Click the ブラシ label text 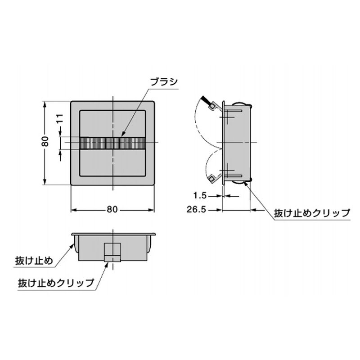coord(164,81)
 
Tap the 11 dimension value coord(60,118)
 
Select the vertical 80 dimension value coord(45,141)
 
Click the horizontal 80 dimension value coord(112,210)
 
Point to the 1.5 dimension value coord(200,196)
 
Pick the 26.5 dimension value coord(196,210)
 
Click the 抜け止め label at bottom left coord(34,261)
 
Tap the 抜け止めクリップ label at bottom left coord(56,283)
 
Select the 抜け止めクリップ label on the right coord(312,213)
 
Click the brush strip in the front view coord(112,143)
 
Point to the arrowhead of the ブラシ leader coord(122,135)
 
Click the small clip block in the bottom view coord(112,252)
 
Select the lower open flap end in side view coord(211,179)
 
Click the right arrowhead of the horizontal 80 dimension coord(152,210)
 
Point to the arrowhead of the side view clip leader coord(246,183)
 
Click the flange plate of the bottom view coord(113,234)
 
